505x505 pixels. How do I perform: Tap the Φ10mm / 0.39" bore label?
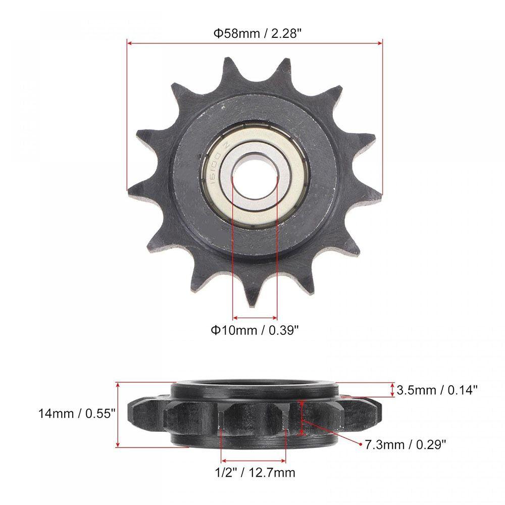255,330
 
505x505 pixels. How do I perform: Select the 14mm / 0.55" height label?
77,413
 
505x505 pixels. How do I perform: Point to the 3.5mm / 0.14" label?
437,390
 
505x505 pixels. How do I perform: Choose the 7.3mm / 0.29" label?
406,445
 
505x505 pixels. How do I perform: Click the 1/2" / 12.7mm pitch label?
255,473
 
